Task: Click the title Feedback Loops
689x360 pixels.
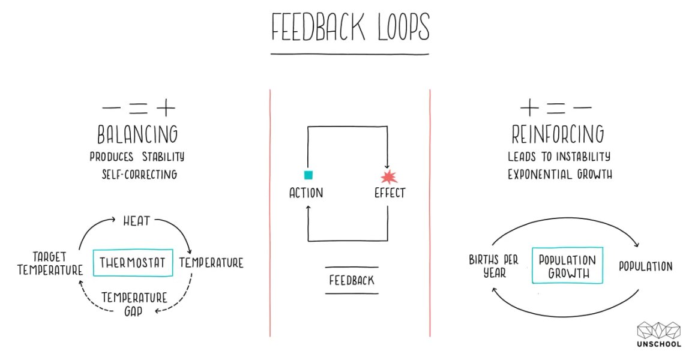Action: (x=349, y=27)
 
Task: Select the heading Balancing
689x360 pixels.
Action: (x=137, y=133)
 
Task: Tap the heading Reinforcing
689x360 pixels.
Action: (x=558, y=134)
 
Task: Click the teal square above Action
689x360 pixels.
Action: (x=308, y=175)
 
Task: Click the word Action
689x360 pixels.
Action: (x=306, y=193)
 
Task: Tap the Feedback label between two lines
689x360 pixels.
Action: (x=352, y=280)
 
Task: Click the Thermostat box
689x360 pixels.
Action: (x=133, y=262)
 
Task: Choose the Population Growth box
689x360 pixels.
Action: (x=567, y=266)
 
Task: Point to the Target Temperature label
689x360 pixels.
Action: (x=49, y=263)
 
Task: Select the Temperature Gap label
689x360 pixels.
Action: (x=133, y=304)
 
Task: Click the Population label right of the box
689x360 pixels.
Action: (x=645, y=266)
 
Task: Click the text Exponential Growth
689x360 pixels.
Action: (x=559, y=175)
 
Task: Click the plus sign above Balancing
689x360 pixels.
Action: (x=165, y=108)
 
